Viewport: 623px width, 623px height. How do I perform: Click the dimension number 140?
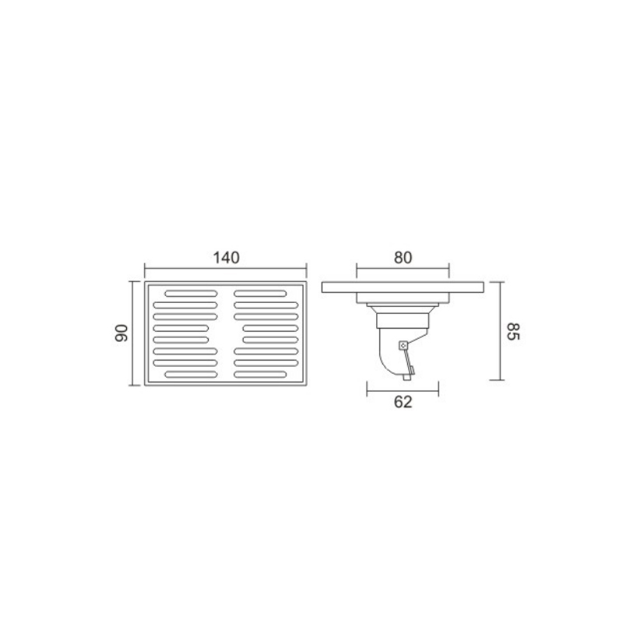tap(227, 258)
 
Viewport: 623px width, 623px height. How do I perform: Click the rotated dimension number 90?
tap(121, 333)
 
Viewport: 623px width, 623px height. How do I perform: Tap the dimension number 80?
tap(403, 258)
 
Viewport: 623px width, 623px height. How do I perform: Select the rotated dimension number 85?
tap(512, 332)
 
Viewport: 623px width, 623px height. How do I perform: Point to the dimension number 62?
tap(403, 402)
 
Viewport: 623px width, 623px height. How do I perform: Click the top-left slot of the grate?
tap(191, 294)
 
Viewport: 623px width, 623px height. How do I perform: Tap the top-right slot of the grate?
tap(260, 294)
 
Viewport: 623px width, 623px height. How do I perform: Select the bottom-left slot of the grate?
tap(191, 375)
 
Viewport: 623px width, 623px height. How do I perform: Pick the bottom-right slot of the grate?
tap(260, 375)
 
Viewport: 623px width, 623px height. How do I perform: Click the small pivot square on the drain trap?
tap(403, 346)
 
